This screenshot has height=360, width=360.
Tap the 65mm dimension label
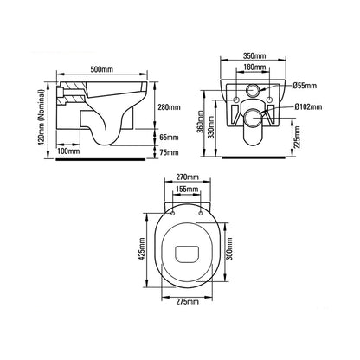(x=169, y=137)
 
